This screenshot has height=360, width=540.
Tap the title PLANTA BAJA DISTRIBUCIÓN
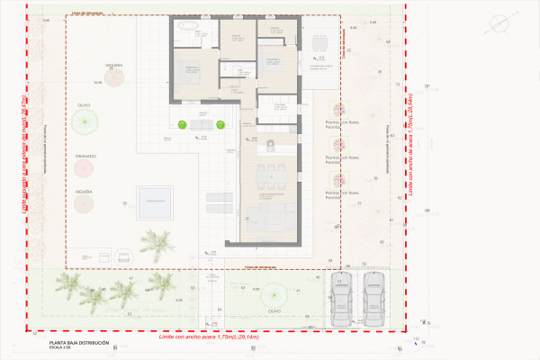78,344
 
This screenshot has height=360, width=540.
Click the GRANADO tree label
87,156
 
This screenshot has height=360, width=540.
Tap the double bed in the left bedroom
193,76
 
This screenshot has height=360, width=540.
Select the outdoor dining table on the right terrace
319,42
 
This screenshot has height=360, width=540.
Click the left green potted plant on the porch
181,126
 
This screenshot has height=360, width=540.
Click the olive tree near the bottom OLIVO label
273,294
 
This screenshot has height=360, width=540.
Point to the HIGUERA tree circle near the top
114,77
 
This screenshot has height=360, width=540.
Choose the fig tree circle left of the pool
85,203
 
